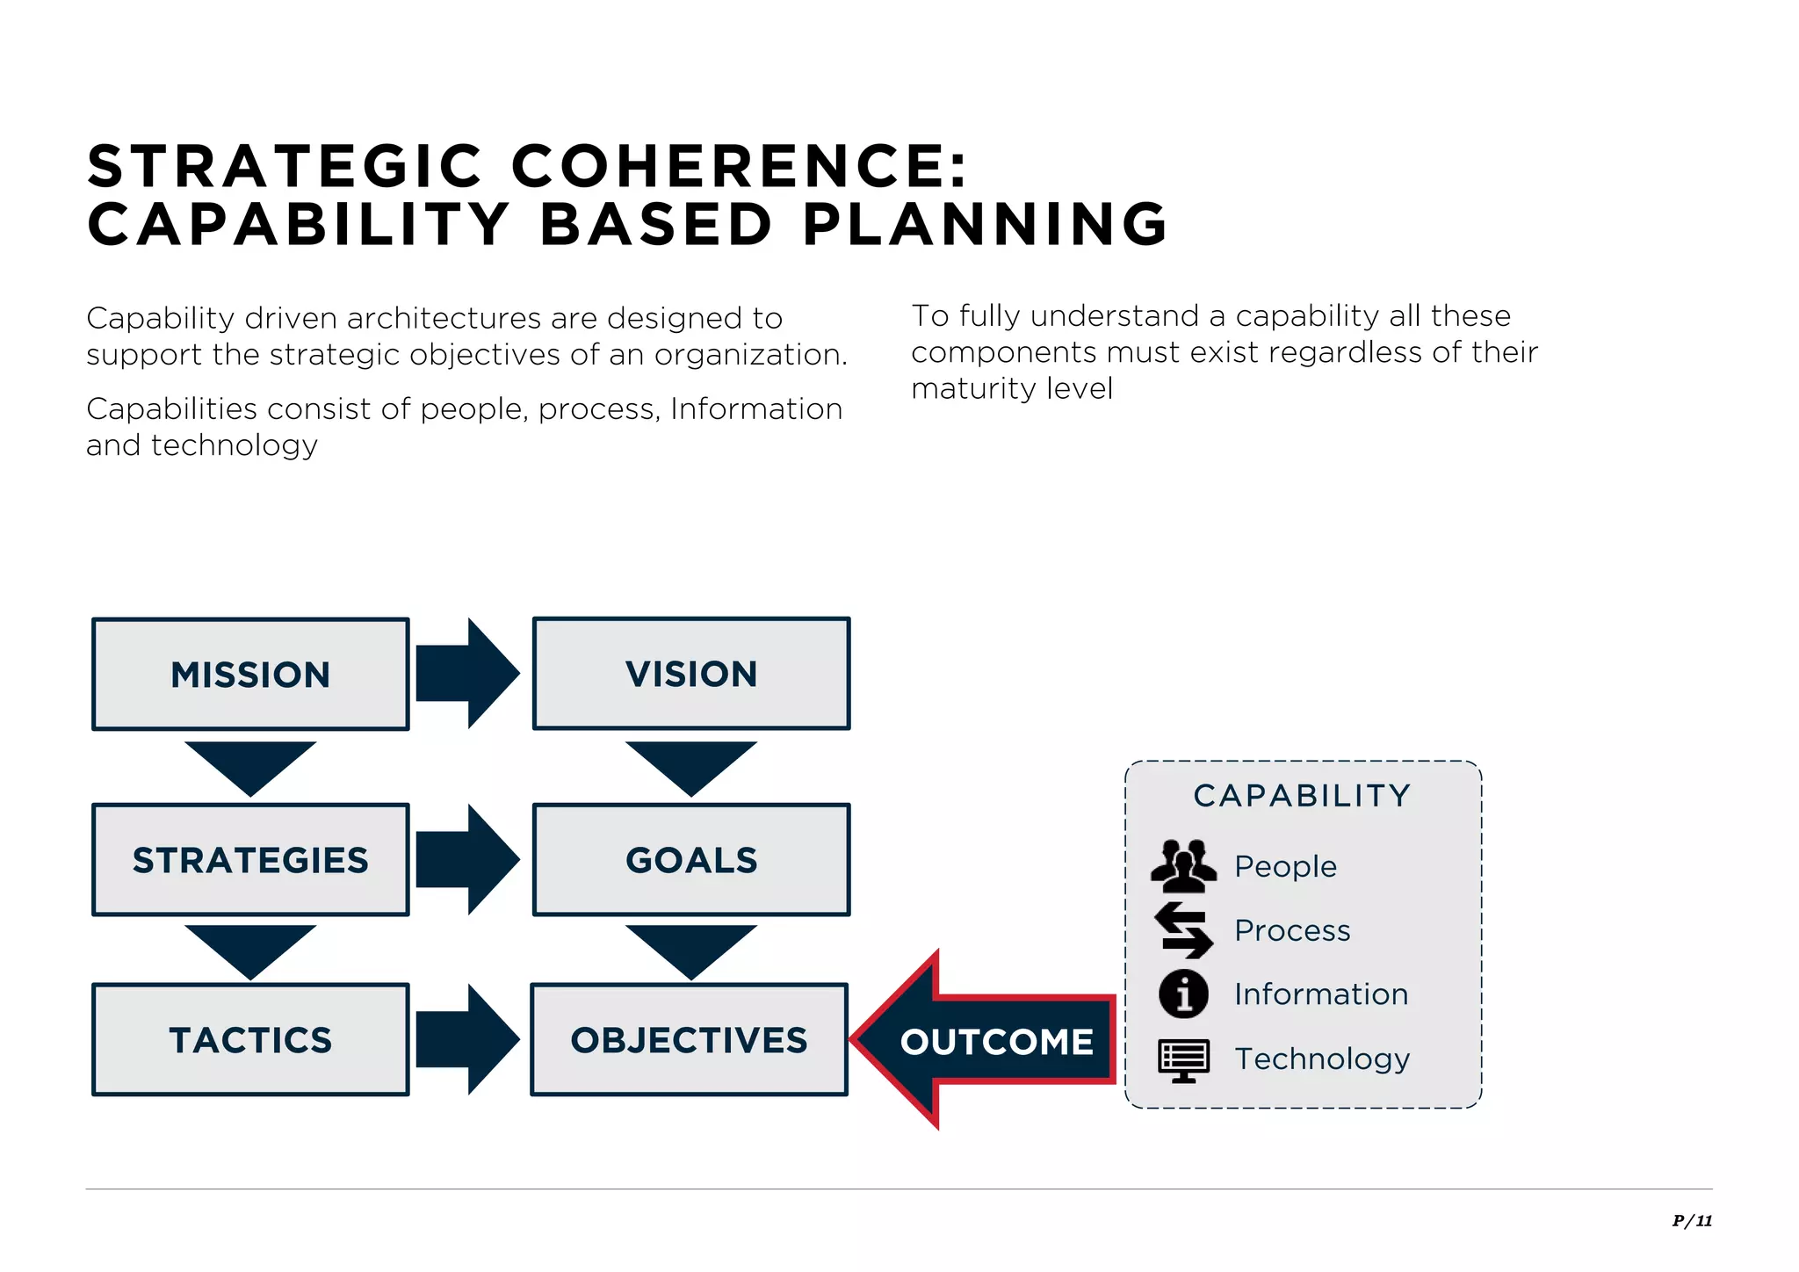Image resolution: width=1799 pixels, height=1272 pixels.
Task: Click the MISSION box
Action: [250, 674]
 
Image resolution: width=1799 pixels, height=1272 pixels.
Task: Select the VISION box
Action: [691, 674]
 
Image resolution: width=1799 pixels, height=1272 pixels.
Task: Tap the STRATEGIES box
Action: [250, 860]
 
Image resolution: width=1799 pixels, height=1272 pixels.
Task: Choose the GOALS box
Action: [691, 860]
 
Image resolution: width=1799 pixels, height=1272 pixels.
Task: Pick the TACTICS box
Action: [250, 1040]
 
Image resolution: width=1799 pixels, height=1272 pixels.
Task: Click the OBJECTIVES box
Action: [690, 1040]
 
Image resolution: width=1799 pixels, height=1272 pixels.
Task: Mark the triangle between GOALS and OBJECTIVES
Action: [691, 946]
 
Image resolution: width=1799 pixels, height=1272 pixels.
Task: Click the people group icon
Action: [1183, 865]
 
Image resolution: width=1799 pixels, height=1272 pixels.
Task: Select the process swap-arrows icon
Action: [1183, 930]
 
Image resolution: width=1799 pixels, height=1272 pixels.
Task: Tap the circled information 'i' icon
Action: [1183, 994]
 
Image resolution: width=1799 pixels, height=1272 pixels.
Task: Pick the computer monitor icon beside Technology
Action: [1183, 1059]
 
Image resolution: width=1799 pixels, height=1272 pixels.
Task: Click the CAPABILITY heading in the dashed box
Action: [1302, 796]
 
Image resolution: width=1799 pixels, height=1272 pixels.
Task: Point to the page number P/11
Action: [1692, 1220]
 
